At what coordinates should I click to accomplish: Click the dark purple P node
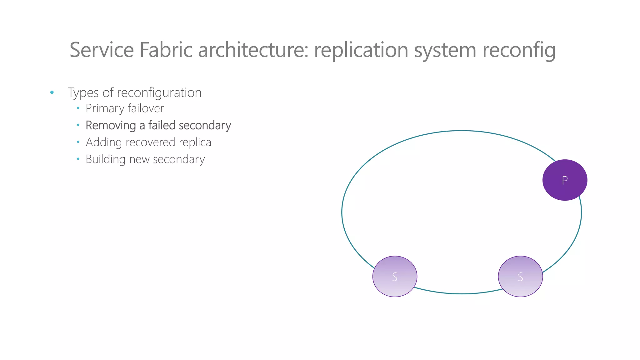pyautogui.click(x=565, y=180)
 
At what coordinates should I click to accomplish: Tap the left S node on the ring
pyautogui.click(x=395, y=277)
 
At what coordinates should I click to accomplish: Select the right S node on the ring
pyautogui.click(x=520, y=277)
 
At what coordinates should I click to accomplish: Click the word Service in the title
pyautogui.click(x=102, y=50)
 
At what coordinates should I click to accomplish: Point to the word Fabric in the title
pyautogui.click(x=166, y=50)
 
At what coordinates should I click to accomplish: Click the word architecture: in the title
pyautogui.click(x=253, y=50)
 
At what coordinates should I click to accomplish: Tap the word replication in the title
pyautogui.click(x=361, y=50)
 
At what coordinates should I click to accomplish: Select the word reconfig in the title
pyautogui.click(x=519, y=50)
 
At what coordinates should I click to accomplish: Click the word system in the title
pyautogui.click(x=445, y=50)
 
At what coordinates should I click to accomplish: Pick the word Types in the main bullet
pyautogui.click(x=83, y=93)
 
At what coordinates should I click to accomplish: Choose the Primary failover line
pyautogui.click(x=125, y=108)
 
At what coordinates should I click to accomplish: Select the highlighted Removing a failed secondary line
pyautogui.click(x=158, y=125)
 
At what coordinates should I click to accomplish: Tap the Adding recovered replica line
pyautogui.click(x=148, y=142)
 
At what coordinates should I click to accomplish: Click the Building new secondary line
pyautogui.click(x=145, y=159)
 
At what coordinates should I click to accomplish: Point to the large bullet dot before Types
pyautogui.click(x=52, y=92)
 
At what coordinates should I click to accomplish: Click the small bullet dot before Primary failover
pyautogui.click(x=78, y=108)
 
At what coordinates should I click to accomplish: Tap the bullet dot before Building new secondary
pyautogui.click(x=78, y=159)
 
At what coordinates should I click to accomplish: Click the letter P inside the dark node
pyautogui.click(x=565, y=180)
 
